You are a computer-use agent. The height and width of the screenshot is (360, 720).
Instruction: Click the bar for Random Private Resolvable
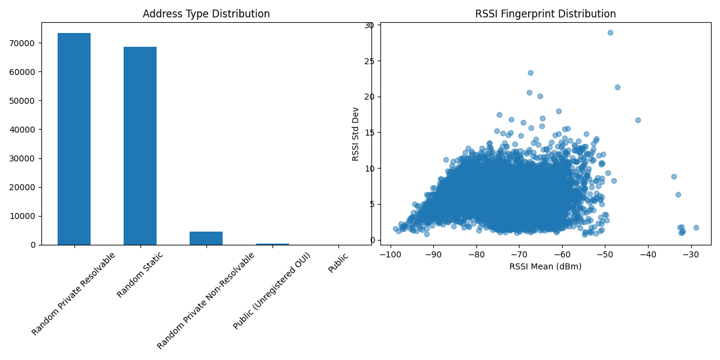(x=74, y=139)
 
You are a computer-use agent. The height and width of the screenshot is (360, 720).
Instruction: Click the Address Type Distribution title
(x=206, y=14)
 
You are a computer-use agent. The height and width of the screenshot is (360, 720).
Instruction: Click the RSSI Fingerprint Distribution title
(x=545, y=14)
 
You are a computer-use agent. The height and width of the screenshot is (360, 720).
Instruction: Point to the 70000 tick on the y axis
(x=25, y=43)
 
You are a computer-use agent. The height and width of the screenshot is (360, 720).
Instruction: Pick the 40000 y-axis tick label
(x=25, y=130)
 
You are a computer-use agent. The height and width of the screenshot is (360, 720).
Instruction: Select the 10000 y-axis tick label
(x=25, y=216)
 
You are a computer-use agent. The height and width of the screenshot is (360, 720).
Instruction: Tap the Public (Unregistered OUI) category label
(x=272, y=292)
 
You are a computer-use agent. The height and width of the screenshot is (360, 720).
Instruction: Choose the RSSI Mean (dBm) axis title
(x=545, y=266)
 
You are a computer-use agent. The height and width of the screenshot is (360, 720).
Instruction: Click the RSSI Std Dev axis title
(x=356, y=134)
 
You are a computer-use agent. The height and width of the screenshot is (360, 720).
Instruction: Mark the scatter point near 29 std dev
(x=610, y=32)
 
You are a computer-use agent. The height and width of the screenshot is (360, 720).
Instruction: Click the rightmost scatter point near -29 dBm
(x=696, y=227)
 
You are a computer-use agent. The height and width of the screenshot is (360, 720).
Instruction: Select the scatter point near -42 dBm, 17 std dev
(x=638, y=120)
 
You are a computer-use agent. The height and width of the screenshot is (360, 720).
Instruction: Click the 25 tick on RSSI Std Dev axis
(x=369, y=61)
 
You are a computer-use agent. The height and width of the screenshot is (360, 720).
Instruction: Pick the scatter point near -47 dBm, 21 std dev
(x=617, y=87)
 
